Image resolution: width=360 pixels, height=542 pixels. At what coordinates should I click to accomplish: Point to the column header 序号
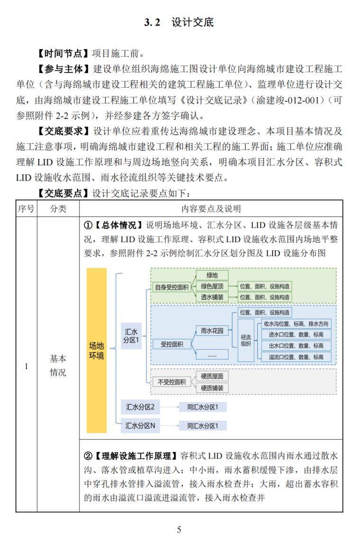[x=26, y=208]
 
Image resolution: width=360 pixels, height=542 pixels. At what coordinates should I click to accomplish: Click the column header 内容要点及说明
[x=210, y=208]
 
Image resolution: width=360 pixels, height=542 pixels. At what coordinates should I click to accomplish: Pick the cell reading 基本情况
[x=58, y=365]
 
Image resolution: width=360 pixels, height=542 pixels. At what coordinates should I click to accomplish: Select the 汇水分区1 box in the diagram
[x=131, y=335]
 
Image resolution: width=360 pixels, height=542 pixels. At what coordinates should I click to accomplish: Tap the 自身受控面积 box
[x=171, y=287]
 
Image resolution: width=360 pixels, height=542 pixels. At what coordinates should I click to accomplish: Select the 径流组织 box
[x=246, y=340]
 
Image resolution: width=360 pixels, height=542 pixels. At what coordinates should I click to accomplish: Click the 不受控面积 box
[x=171, y=381]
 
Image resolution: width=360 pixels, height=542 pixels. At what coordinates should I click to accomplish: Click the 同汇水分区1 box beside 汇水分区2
[x=206, y=407]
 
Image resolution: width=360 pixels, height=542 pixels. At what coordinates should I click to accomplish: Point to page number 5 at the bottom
[x=179, y=529]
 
